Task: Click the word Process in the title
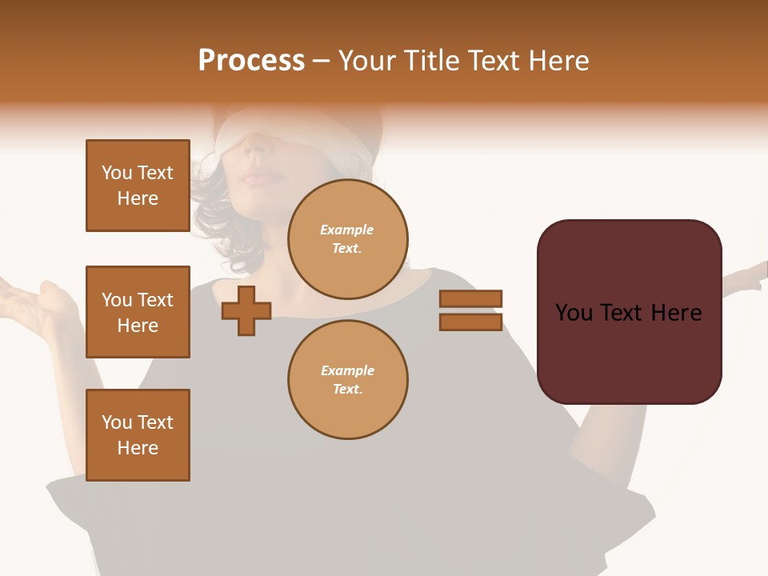(251, 61)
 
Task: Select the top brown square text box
(138, 186)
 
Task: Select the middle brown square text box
(138, 312)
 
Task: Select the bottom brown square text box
(138, 435)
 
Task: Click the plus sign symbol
(246, 310)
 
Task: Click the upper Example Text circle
(347, 239)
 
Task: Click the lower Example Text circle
(347, 380)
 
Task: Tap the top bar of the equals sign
(470, 298)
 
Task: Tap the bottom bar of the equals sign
(470, 322)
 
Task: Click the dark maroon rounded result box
(629, 312)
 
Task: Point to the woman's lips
(258, 177)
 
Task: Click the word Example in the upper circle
(347, 230)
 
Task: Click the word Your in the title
(365, 61)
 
